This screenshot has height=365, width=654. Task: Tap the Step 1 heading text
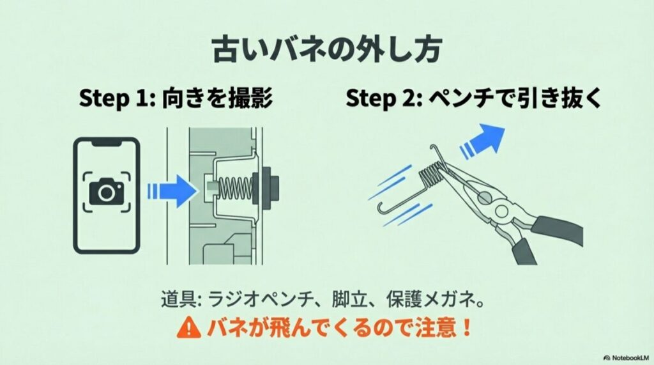[x=176, y=100]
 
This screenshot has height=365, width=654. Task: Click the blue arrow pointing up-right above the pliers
[x=487, y=140]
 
